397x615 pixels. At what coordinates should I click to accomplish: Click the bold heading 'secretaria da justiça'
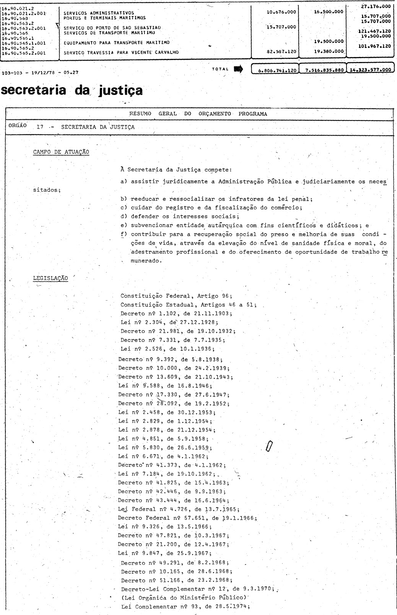click(72, 90)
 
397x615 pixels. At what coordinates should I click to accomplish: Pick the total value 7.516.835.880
click(322, 70)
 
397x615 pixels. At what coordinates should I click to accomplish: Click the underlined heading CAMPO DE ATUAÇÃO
click(61, 152)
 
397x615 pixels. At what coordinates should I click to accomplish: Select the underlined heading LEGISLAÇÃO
click(50, 278)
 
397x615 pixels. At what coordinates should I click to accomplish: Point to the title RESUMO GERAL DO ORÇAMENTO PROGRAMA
click(198, 114)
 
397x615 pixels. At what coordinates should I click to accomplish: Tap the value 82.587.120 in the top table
click(281, 51)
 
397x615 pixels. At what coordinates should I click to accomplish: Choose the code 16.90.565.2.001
click(24, 53)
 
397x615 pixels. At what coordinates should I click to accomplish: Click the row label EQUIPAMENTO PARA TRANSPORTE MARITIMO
click(116, 42)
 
